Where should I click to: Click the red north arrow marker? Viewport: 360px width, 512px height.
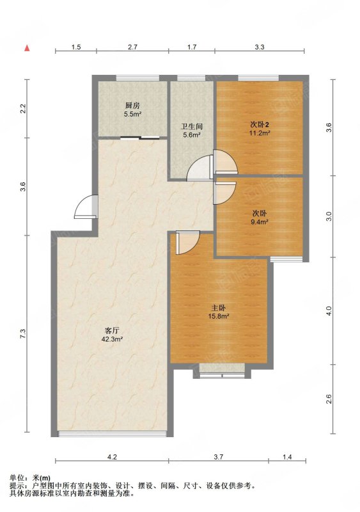click(27, 48)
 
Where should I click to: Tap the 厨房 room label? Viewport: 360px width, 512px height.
click(132, 106)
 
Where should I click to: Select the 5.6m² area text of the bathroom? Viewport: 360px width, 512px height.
click(191, 134)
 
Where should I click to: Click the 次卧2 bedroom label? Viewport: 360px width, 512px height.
click(260, 124)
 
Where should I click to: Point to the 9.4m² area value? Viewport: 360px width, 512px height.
click(260, 222)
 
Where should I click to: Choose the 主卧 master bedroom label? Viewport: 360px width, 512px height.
click(219, 308)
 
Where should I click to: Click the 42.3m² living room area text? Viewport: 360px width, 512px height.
click(112, 339)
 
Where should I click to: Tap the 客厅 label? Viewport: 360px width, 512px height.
click(112, 330)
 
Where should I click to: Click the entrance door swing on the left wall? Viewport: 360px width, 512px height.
click(86, 206)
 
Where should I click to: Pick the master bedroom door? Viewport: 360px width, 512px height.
click(187, 243)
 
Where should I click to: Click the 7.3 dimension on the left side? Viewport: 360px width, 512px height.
click(22, 334)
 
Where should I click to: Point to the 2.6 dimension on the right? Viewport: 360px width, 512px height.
click(329, 399)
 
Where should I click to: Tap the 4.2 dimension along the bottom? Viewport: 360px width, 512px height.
click(112, 457)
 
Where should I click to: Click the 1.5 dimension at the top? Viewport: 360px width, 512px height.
click(75, 47)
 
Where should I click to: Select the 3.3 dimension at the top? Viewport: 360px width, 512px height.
click(260, 47)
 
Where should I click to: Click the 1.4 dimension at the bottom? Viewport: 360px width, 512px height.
click(287, 457)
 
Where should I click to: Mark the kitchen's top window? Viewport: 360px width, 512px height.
click(137, 77)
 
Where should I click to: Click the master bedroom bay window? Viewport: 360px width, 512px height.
click(222, 376)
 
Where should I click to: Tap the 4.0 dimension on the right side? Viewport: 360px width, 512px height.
click(329, 310)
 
